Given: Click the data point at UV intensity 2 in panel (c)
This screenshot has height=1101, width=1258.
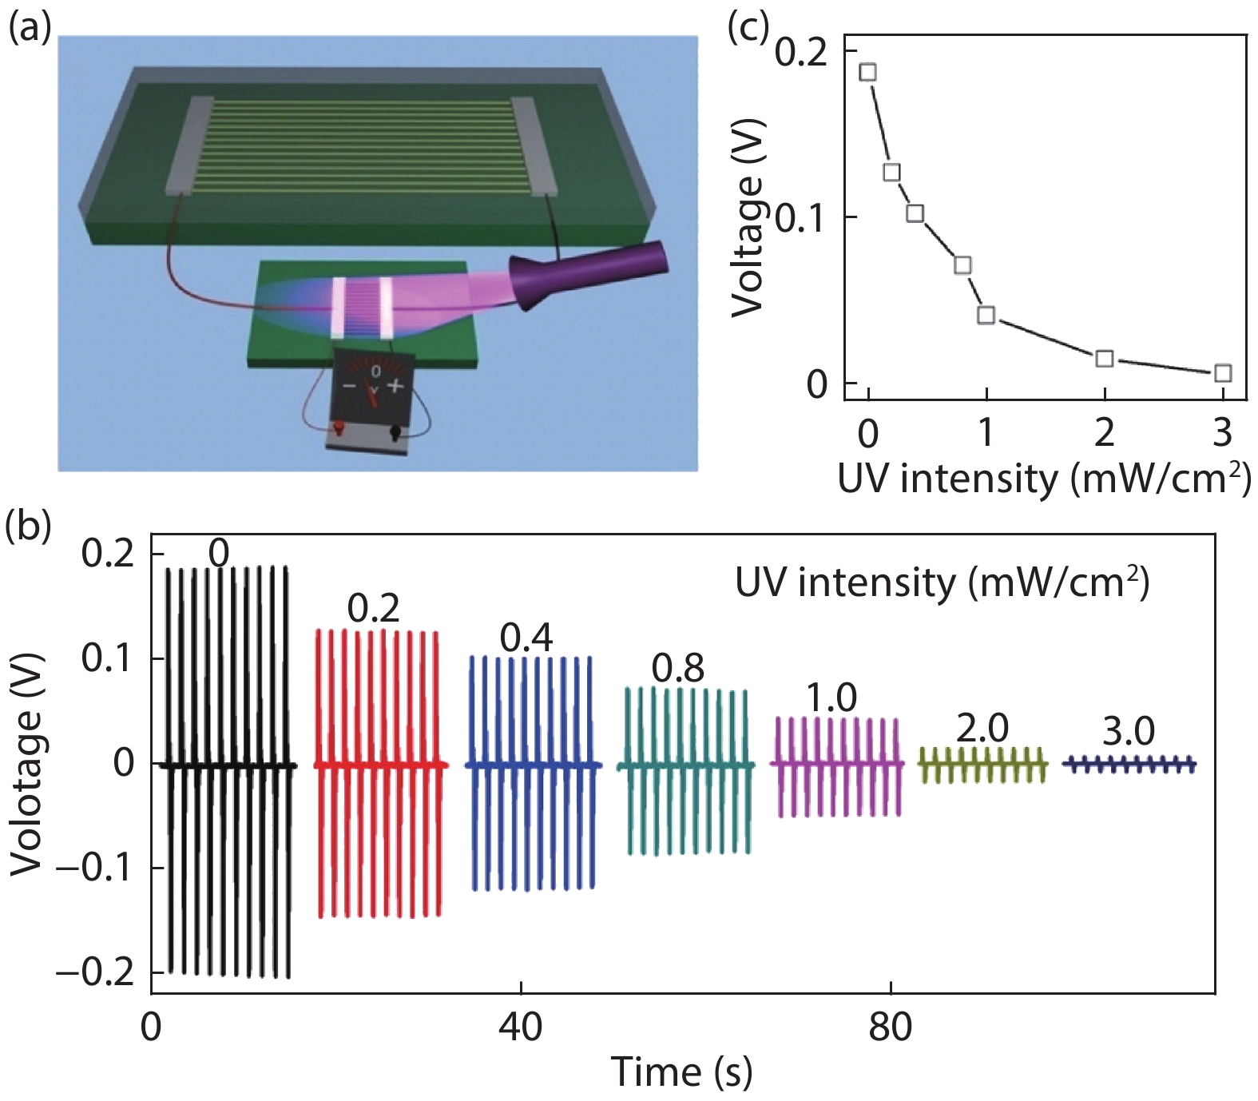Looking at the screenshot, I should [x=1105, y=358].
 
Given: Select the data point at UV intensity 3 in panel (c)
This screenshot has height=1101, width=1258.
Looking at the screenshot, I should [x=1222, y=373].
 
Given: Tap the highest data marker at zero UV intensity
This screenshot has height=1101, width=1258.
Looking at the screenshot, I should [x=868, y=72].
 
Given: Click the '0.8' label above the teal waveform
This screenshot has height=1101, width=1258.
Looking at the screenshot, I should [x=678, y=669].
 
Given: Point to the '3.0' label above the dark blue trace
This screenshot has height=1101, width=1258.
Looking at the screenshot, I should [x=1129, y=731].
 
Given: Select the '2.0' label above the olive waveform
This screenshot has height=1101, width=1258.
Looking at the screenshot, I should [x=982, y=728].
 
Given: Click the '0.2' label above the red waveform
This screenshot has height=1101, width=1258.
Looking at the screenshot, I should [x=374, y=609].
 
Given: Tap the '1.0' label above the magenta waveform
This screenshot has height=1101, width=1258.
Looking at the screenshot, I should [x=831, y=698].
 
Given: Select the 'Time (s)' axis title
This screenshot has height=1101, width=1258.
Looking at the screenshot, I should [x=681, y=1071].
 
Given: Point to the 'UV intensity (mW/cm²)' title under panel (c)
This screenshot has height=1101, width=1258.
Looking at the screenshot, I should [x=1043, y=479].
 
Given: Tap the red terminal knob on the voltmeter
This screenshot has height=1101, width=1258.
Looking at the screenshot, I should [x=339, y=429].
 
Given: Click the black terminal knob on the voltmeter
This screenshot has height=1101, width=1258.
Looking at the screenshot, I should [x=395, y=432].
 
